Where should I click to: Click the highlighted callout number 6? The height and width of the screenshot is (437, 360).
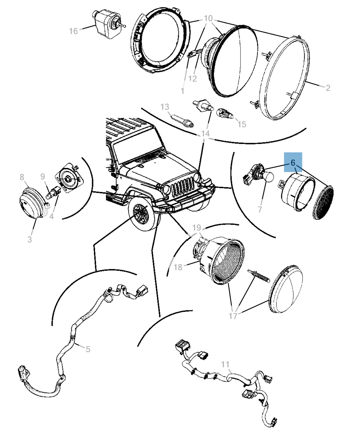pyautogui.click(x=293, y=163)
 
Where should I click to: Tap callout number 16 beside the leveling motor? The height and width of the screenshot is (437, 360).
pyautogui.click(x=73, y=31)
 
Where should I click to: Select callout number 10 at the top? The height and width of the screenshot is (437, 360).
pyautogui.click(x=208, y=19)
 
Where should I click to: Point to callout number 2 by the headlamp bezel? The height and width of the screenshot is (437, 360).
pyautogui.click(x=328, y=88)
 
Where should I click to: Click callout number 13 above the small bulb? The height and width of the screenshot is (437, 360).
pyautogui.click(x=165, y=107)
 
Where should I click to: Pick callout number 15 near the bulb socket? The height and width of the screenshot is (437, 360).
pyautogui.click(x=242, y=124)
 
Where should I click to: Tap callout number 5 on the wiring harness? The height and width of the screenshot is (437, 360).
pyautogui.click(x=88, y=349)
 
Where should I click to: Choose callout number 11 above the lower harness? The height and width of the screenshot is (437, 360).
pyautogui.click(x=225, y=364)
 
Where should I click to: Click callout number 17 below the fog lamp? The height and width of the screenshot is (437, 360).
pyautogui.click(x=233, y=316)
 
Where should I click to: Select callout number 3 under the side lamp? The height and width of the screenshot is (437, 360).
pyautogui.click(x=29, y=239)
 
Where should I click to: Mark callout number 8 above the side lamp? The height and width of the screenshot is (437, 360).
pyautogui.click(x=22, y=177)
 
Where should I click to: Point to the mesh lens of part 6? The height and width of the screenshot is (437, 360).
pyautogui.click(x=323, y=203)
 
